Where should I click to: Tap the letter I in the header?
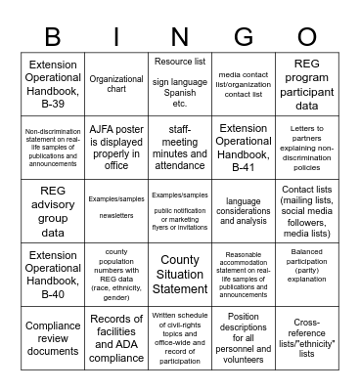coord(116,35)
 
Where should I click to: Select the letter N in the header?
coord(179,35)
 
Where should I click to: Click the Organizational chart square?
coord(116,84)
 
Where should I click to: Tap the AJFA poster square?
coord(116,147)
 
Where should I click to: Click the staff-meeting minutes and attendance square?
coord(179,147)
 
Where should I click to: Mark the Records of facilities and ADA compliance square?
coord(116,336)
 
